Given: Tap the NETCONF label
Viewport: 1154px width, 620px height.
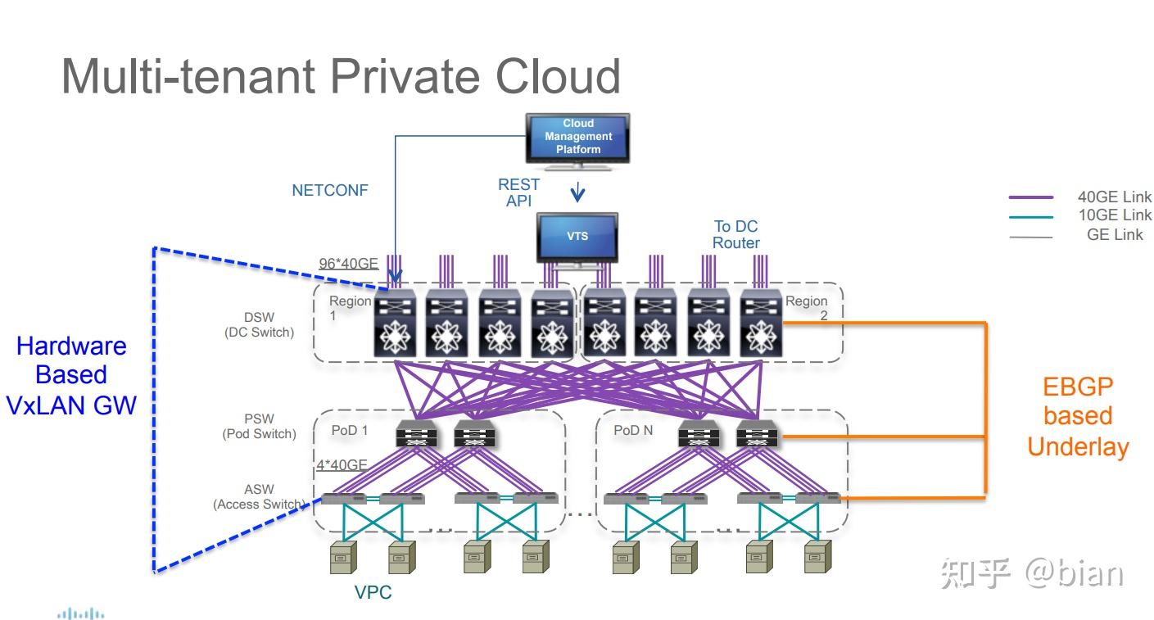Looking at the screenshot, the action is point(330,190).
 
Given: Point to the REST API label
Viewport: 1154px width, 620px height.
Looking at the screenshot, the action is point(518,192).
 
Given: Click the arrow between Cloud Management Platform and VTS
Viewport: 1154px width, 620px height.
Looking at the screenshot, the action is point(577,192).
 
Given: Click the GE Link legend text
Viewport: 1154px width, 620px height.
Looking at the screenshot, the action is point(1115,234).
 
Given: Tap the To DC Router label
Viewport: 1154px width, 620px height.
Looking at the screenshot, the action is point(735,234).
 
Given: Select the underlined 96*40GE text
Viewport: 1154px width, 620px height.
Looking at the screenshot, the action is point(348,264).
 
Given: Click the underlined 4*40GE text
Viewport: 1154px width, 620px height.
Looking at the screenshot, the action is point(342,465).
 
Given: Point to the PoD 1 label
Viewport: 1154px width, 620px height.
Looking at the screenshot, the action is point(349,430).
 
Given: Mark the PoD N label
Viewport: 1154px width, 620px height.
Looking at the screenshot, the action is point(632,430).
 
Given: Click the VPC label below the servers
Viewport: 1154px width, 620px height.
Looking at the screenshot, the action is point(373,592).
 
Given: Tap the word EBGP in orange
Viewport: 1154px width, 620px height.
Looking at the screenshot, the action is point(1078,387).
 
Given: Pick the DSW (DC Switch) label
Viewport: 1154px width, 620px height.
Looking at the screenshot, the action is point(259,324).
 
